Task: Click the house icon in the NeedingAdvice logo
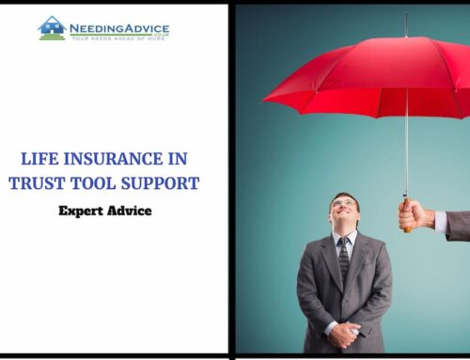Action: coord(52,26)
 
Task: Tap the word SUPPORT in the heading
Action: coord(165,182)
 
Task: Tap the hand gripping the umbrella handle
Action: coord(415,215)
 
